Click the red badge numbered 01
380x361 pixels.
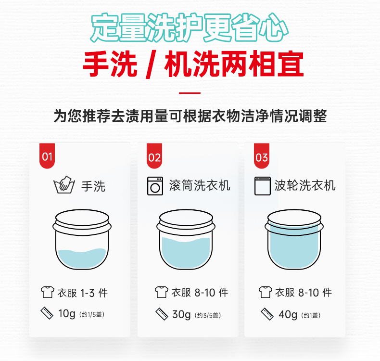pyautogui.click(x=47, y=155)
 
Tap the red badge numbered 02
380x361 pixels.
pyautogui.click(x=154, y=155)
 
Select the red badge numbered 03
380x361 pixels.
pyautogui.click(x=262, y=155)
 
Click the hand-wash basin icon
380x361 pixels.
pyautogui.click(x=64, y=185)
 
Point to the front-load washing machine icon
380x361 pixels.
pyautogui.click(x=155, y=186)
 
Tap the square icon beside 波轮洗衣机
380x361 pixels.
pyautogui.click(x=263, y=186)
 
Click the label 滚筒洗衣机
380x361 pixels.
pyautogui.click(x=200, y=186)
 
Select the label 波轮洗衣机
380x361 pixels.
pyautogui.click(x=305, y=186)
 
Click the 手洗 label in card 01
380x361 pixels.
pyautogui.click(x=93, y=186)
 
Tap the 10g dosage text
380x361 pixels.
pyautogui.click(x=67, y=314)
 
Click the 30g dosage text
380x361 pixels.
pyautogui.click(x=181, y=315)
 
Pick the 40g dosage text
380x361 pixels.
pyautogui.click(x=288, y=315)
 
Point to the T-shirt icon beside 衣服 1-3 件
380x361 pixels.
pyautogui.click(x=48, y=292)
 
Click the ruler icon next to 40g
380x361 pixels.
pyautogui.click(x=267, y=314)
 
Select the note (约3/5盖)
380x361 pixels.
pyautogui.click(x=208, y=315)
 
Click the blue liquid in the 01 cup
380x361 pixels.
pyautogui.click(x=82, y=258)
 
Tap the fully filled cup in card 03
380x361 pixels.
pyautogui.click(x=294, y=240)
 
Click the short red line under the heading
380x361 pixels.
pyautogui.click(x=190, y=93)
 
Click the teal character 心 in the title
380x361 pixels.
pyautogui.click(x=273, y=28)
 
